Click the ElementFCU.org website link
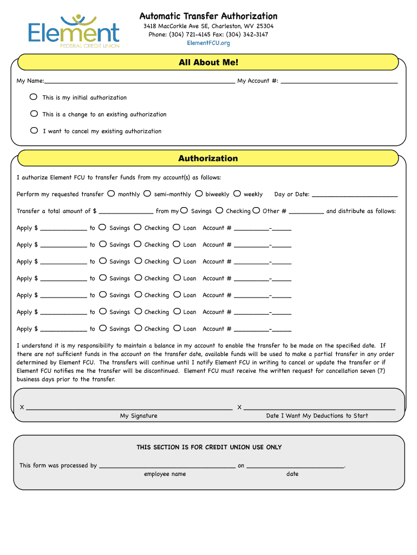pyautogui.click(x=208, y=43)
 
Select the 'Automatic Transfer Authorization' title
pyautogui.click(x=208, y=16)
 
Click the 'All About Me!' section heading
pyautogui.click(x=208, y=62)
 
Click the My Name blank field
pyautogui.click(x=140, y=81)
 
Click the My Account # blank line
pyautogui.click(x=339, y=81)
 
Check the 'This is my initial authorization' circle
pyautogui.click(x=34, y=97)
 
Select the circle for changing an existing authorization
pyautogui.click(x=34, y=114)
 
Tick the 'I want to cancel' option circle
pyautogui.click(x=34, y=131)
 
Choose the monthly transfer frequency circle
pyautogui.click(x=111, y=193)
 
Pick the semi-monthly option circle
pyautogui.click(x=147, y=193)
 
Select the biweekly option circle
pyautogui.click(x=199, y=193)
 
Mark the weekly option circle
pyautogui.click(x=237, y=193)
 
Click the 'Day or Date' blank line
pyautogui.click(x=355, y=195)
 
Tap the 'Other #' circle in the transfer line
pyautogui.click(x=256, y=210)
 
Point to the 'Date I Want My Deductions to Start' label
pyautogui.click(x=317, y=416)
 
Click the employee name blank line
pyautogui.click(x=167, y=466)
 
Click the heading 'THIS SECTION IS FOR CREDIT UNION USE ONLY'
pyautogui.click(x=209, y=447)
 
